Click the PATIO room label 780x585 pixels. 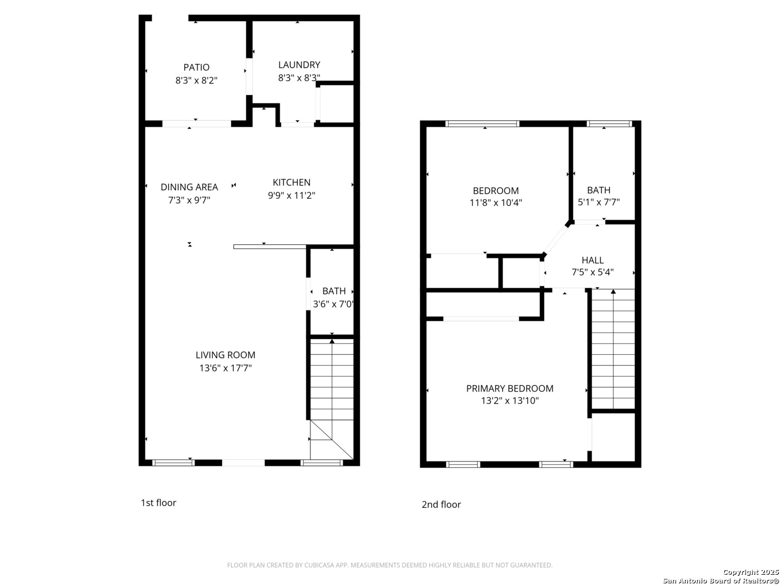point(196,67)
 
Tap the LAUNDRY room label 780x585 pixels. point(299,64)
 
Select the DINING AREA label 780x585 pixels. point(189,187)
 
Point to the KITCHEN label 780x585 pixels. point(291,182)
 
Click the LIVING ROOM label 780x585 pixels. point(225,355)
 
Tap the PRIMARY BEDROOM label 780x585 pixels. point(510,388)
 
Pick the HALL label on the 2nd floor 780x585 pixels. point(593,260)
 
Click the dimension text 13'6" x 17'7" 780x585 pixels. point(225,368)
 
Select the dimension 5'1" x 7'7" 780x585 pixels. point(599,202)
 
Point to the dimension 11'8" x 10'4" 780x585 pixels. point(496,203)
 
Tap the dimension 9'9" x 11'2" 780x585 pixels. point(291,196)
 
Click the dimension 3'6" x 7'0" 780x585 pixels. point(333,304)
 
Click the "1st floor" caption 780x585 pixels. point(159,503)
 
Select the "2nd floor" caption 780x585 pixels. point(441,504)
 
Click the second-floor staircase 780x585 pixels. point(613,349)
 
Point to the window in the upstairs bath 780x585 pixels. point(609,123)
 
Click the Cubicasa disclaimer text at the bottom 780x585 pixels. point(389,565)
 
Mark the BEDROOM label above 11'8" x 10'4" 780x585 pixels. point(496,190)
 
